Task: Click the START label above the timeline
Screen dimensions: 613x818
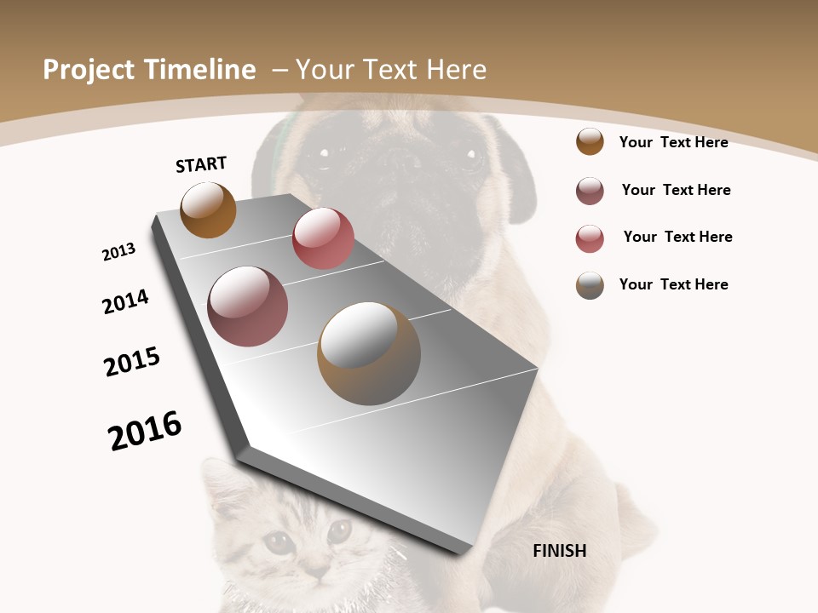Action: [x=201, y=163]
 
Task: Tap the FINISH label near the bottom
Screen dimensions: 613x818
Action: [x=560, y=551]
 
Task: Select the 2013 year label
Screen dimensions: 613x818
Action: [x=118, y=252]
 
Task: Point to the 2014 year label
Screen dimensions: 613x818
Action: [x=125, y=302]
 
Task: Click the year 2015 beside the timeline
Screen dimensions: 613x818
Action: [x=132, y=362]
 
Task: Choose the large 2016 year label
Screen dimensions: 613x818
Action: [x=145, y=431]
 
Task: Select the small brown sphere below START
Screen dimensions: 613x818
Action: [x=208, y=209]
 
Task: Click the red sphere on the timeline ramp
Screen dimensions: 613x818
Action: [x=323, y=238]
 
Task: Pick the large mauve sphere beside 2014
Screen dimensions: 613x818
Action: [x=248, y=306]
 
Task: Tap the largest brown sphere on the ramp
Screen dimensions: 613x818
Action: [x=369, y=353]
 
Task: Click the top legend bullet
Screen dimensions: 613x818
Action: [x=590, y=142]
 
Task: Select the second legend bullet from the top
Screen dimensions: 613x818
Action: [x=590, y=191]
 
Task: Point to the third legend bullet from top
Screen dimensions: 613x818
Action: [x=590, y=238]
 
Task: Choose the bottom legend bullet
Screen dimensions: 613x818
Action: [x=590, y=285]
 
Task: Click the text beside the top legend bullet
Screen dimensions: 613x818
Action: [x=674, y=142]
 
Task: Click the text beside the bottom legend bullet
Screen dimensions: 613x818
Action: [x=674, y=284]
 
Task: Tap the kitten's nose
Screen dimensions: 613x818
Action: [x=314, y=567]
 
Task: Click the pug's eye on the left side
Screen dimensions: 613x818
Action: [x=323, y=153]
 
